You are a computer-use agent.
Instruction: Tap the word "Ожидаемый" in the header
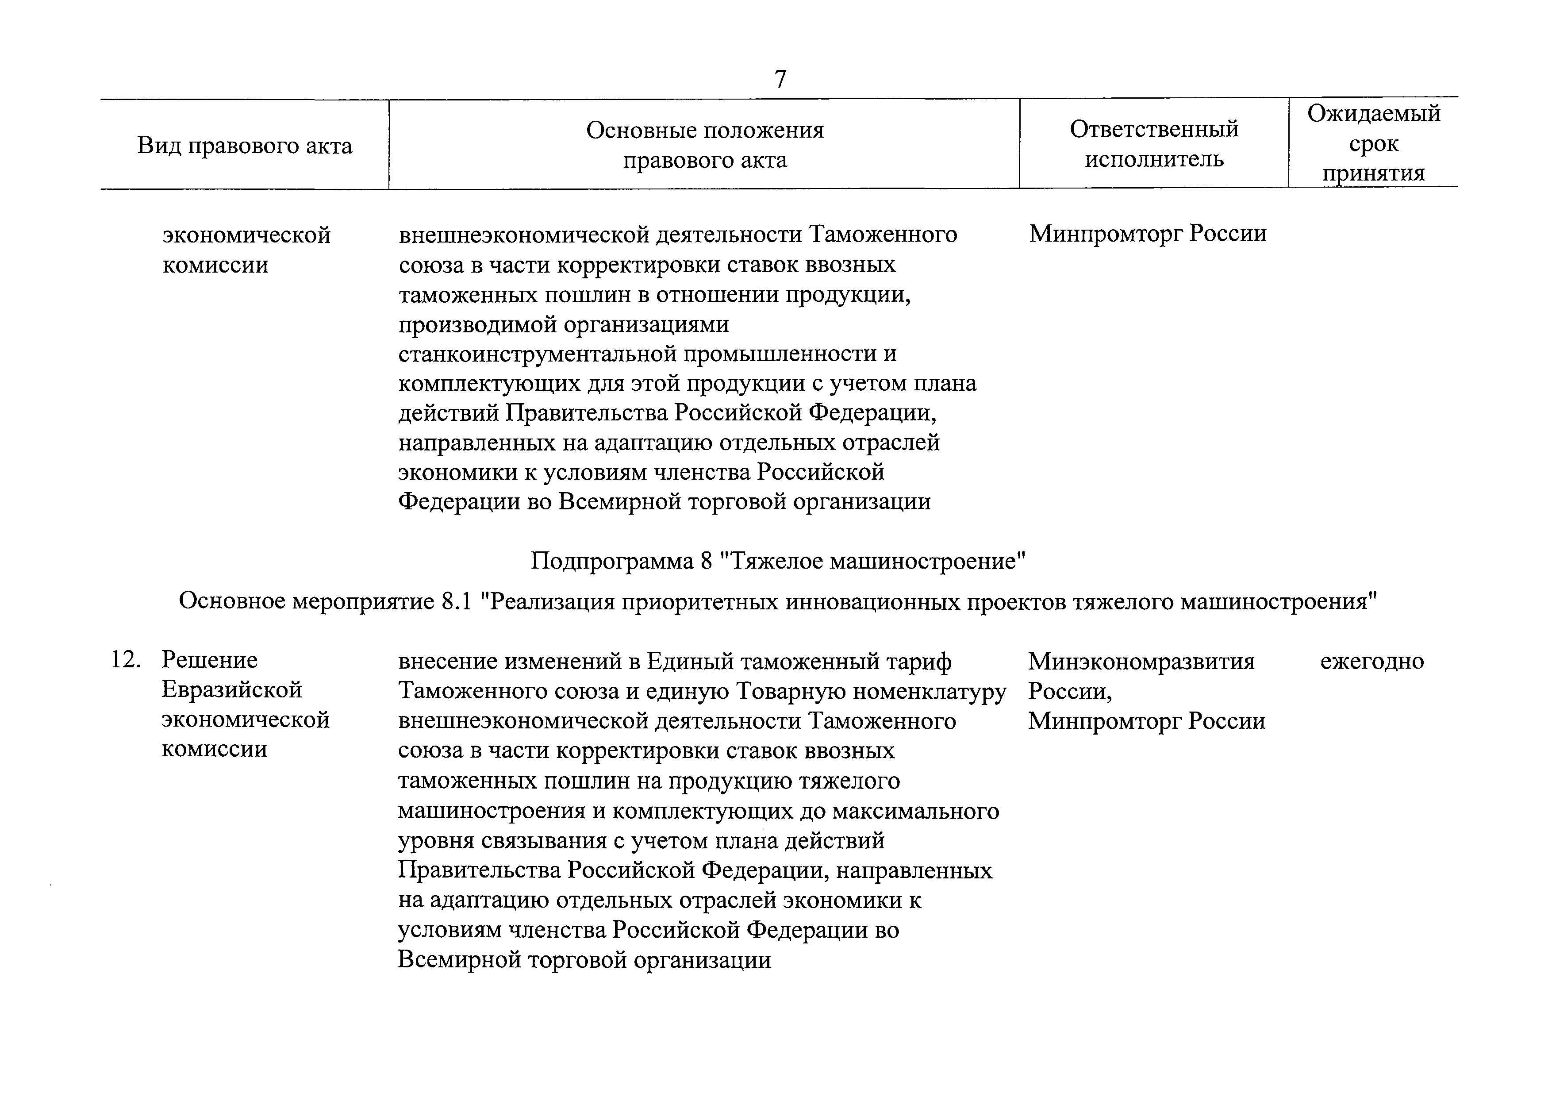coord(1374,114)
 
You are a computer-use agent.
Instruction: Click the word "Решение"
coord(210,660)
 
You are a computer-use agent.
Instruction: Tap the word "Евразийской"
coord(232,690)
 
